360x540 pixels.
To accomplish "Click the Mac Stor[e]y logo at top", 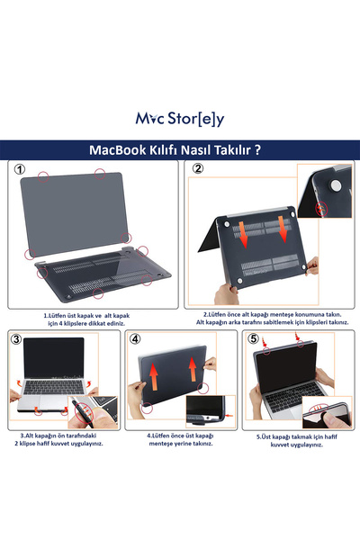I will [180, 118].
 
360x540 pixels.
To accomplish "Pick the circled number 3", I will [15, 339].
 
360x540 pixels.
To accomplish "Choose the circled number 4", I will [136, 339].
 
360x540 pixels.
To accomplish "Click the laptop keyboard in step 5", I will [292, 391].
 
